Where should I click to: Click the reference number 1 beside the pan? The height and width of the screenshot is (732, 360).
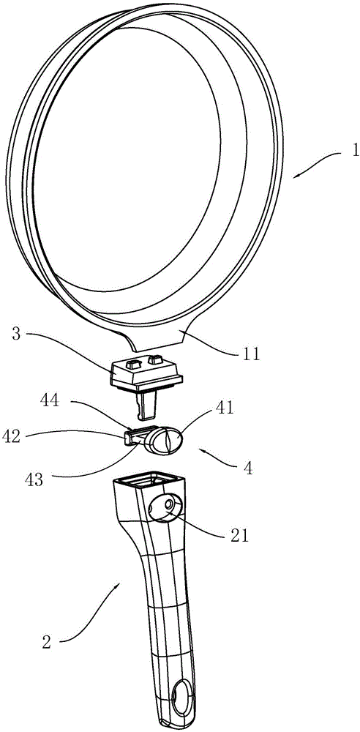pos(356,151)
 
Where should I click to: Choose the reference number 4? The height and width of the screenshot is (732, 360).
pos(247,468)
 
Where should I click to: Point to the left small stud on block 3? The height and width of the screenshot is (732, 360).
pos(133,363)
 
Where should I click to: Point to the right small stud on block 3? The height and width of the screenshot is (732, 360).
pos(154,359)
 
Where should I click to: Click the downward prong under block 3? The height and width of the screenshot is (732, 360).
pos(145,404)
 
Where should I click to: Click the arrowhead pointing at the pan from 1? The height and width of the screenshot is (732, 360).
pos(297,174)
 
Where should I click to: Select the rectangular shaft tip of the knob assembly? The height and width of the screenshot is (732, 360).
pos(130,438)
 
